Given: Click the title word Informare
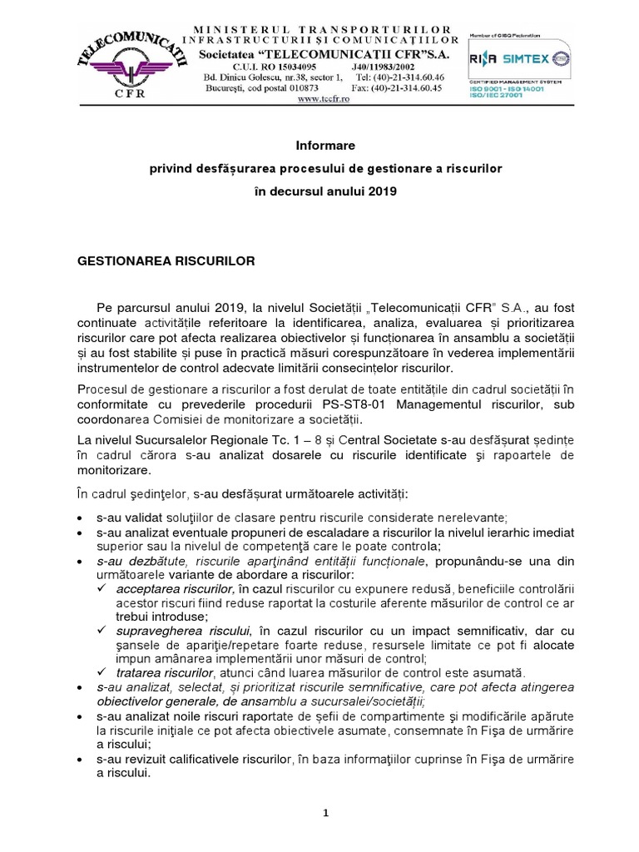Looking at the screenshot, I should pos(319,145).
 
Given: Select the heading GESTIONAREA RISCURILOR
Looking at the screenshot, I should pos(166,260).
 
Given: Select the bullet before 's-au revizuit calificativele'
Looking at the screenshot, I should pos(79,760).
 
